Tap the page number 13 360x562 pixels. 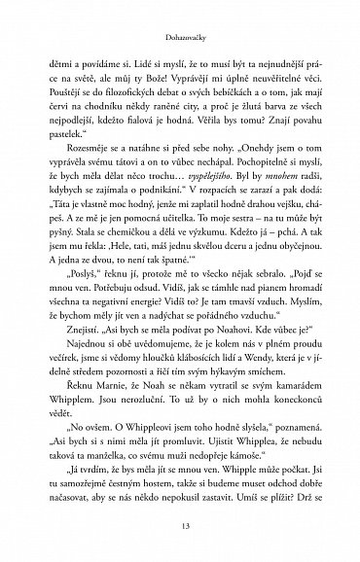click(179, 527)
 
